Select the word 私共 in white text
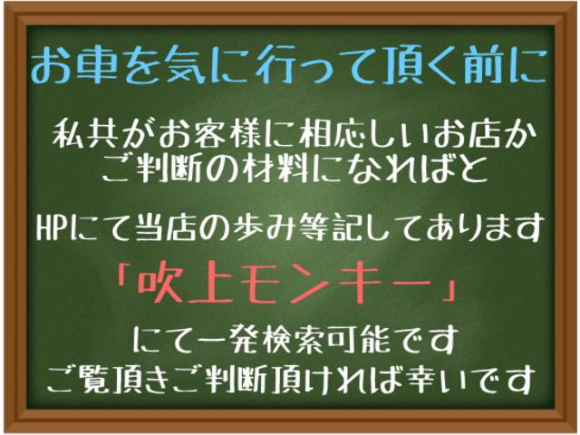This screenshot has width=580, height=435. point(85,136)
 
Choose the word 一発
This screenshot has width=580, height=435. point(222,343)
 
